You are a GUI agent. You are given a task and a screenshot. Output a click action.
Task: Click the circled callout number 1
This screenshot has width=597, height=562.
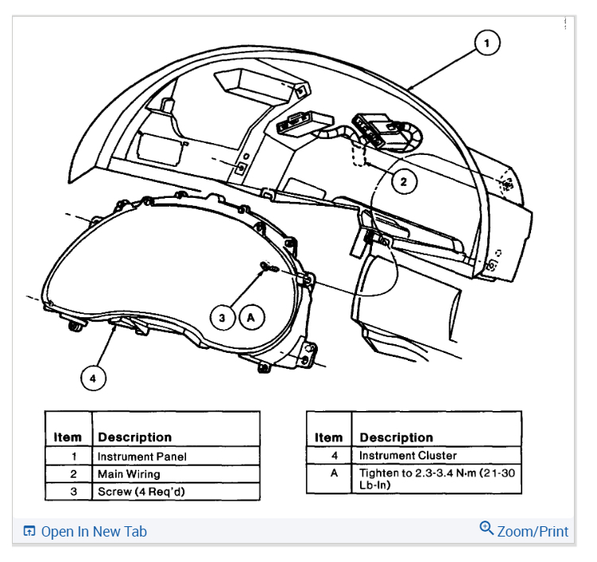(x=487, y=43)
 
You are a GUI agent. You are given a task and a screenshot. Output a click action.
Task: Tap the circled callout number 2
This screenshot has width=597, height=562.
(x=404, y=182)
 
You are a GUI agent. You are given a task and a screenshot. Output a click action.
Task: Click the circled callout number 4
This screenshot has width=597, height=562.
(x=93, y=378)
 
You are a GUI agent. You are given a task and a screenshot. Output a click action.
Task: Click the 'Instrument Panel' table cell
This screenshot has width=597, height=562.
(x=142, y=457)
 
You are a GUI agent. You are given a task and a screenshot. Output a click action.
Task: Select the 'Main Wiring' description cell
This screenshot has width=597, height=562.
(x=129, y=474)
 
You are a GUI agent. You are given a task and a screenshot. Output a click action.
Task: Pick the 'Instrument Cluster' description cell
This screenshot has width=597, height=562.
(x=408, y=455)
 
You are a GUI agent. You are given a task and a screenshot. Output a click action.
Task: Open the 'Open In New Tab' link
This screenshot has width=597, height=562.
(x=94, y=532)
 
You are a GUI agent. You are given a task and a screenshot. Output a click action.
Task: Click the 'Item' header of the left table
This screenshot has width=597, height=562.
(x=68, y=437)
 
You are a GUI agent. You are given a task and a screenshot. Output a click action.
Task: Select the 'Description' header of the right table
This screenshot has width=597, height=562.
(x=397, y=437)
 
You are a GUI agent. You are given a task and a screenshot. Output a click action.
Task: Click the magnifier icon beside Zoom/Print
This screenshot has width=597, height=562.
(x=487, y=529)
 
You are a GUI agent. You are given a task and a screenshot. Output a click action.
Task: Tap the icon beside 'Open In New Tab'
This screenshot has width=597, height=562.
(x=29, y=532)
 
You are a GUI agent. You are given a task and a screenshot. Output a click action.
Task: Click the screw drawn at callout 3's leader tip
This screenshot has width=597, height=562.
(x=269, y=269)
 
